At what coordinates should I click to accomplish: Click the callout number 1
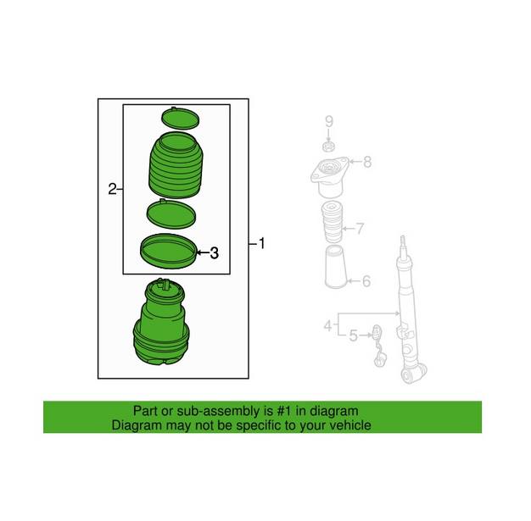pyautogui.click(x=262, y=244)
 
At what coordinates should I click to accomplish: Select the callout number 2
pyautogui.click(x=111, y=189)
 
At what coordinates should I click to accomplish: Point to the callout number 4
pyautogui.click(x=327, y=324)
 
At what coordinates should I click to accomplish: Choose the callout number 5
pyautogui.click(x=353, y=336)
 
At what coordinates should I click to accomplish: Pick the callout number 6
pyautogui.click(x=366, y=281)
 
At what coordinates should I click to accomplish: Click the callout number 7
pyautogui.click(x=361, y=228)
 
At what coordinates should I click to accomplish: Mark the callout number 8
pyautogui.click(x=367, y=162)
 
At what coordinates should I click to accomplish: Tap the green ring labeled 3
pyautogui.click(x=166, y=251)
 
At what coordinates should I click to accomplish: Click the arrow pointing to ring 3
pyautogui.click(x=201, y=252)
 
